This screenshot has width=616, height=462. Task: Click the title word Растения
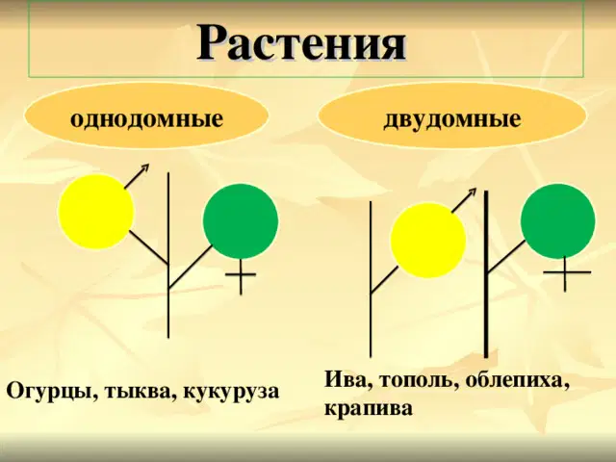[x=301, y=42]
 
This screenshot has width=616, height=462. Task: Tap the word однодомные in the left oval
[x=146, y=118]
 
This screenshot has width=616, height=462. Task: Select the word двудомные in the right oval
[x=452, y=118]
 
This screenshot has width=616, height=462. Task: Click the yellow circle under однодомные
[x=96, y=212]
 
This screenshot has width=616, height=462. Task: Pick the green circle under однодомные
[x=241, y=221]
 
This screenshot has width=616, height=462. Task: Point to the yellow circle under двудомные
[x=428, y=241]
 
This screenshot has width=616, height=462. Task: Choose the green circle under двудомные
[x=558, y=221]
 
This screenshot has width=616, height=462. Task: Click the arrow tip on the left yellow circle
[x=149, y=165]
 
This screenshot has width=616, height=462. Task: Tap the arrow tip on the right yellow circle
[x=475, y=189]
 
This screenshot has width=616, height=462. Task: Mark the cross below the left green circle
[x=241, y=274]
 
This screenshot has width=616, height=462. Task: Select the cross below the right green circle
[x=565, y=271]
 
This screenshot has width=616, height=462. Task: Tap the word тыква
[x=139, y=391]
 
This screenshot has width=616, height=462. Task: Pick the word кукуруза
[x=231, y=392]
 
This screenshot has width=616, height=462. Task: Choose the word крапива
[x=369, y=409]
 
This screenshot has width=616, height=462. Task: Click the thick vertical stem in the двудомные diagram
[x=486, y=274]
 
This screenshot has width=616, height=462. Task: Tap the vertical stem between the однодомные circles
[x=168, y=255]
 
